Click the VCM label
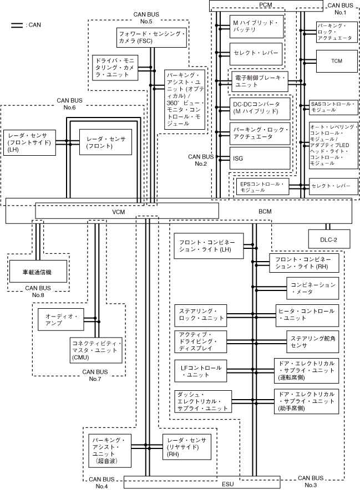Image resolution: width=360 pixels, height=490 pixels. (119, 211)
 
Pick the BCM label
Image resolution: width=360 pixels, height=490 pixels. (265, 211)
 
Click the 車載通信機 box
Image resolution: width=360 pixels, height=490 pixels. (38, 272)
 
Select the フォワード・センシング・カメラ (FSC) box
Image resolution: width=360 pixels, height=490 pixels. (150, 38)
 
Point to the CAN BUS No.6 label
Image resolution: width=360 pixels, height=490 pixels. (69, 104)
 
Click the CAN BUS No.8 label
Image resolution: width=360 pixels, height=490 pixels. (38, 292)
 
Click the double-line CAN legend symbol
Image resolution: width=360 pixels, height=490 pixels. (17, 25)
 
